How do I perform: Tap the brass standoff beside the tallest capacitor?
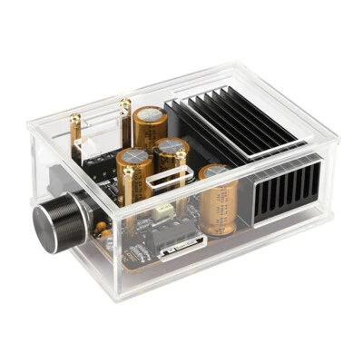(x=125, y=122)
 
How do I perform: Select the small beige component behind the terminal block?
(x=164, y=210)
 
